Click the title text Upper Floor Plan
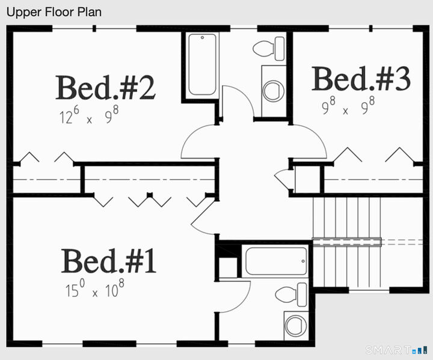(54, 12)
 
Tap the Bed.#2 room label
(105, 88)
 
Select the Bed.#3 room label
(361, 79)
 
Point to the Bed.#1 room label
(109, 261)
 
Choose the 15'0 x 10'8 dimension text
(94, 291)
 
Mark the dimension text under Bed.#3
(348, 108)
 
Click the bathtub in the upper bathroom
(202, 65)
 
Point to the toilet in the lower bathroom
(292, 294)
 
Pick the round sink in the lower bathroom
(296, 326)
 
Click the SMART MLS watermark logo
(397, 350)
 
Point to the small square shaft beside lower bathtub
(228, 268)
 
